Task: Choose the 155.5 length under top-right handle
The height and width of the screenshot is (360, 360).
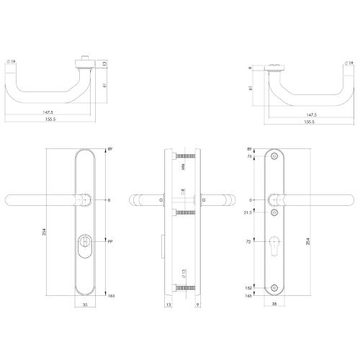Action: (310, 122)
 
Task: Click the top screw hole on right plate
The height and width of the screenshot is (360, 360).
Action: (274, 157)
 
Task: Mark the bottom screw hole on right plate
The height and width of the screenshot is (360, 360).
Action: (274, 288)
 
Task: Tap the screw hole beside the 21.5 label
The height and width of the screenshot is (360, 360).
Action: (274, 213)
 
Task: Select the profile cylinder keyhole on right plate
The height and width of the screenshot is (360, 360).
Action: (274, 244)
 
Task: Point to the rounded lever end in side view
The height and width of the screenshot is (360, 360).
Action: (135, 200)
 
